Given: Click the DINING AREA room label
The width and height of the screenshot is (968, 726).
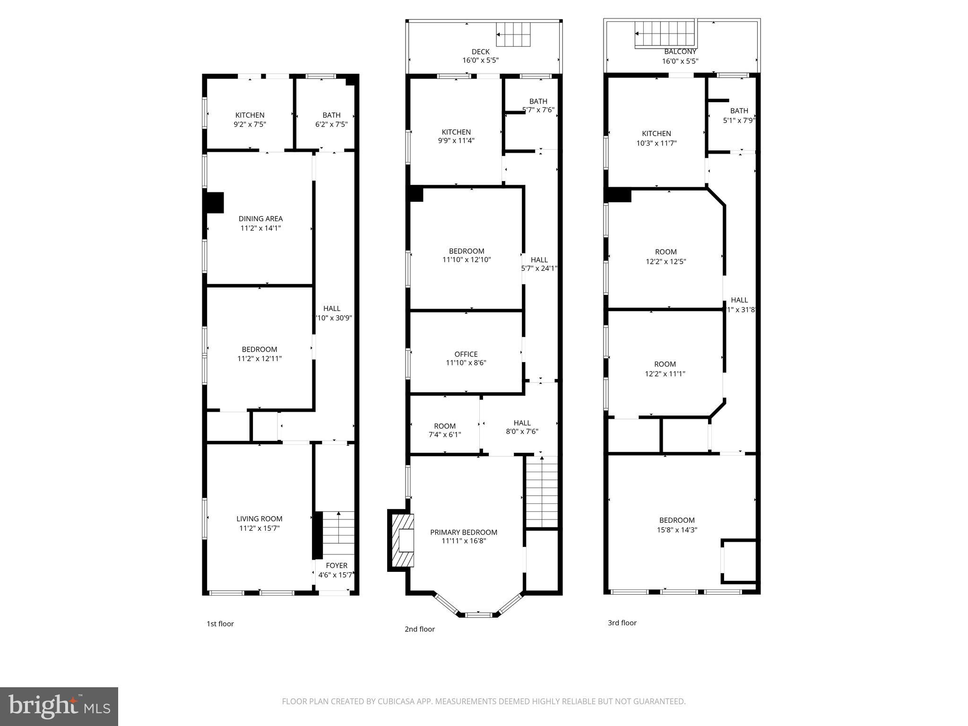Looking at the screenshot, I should click(x=260, y=218).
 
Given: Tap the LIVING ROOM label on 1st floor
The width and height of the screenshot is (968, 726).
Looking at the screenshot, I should click(x=259, y=519).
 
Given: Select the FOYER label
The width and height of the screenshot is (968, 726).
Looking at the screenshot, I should click(x=337, y=565).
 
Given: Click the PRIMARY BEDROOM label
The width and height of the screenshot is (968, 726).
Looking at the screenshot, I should click(x=464, y=532).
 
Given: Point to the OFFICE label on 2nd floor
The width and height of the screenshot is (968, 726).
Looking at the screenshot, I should click(x=466, y=354).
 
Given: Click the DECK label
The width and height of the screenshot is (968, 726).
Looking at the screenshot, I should click(x=481, y=52).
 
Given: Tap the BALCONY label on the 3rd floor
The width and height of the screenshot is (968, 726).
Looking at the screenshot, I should click(x=680, y=52).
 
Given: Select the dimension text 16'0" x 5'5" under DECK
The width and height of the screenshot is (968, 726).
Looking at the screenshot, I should click(x=481, y=60).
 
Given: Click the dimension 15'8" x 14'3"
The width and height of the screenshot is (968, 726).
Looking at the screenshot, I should click(x=677, y=530).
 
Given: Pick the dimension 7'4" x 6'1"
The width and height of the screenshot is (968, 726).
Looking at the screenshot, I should click(x=445, y=434).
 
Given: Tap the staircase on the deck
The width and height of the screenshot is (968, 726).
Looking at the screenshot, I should click(x=514, y=35).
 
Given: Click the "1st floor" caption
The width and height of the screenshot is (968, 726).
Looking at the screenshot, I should click(x=220, y=624).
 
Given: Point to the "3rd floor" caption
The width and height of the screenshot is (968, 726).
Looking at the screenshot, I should click(x=622, y=623).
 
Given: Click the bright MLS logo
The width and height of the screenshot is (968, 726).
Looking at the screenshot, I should click(x=59, y=707).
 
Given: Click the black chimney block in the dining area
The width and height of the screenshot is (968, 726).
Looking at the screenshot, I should click(x=215, y=202).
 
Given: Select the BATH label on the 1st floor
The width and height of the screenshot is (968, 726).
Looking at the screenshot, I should click(x=331, y=115).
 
